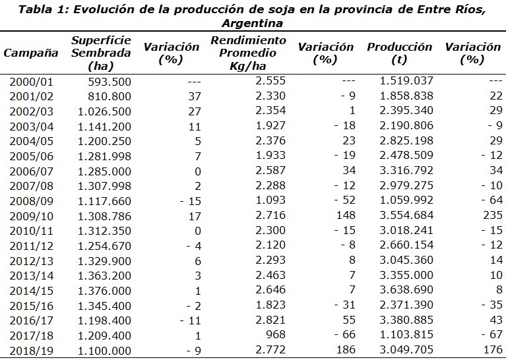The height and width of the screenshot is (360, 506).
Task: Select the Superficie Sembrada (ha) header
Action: tap(92, 53)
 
